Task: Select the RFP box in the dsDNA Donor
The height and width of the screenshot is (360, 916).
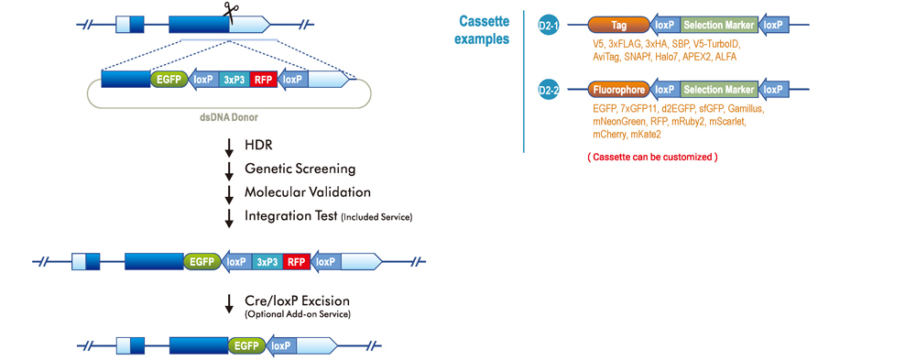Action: coord(262,80)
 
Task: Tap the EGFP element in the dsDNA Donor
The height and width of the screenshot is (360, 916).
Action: coord(169,80)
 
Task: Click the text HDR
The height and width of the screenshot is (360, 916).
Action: coord(258,146)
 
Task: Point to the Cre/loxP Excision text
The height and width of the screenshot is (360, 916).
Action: coord(297,300)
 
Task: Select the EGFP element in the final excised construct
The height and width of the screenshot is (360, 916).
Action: coord(245,345)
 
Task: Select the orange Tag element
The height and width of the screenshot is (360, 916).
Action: coord(618,25)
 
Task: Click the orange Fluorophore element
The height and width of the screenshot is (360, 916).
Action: coord(618,90)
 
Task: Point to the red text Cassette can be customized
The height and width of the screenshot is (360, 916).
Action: coord(652,158)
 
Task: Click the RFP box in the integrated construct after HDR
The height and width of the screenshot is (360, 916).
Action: coord(296,261)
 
